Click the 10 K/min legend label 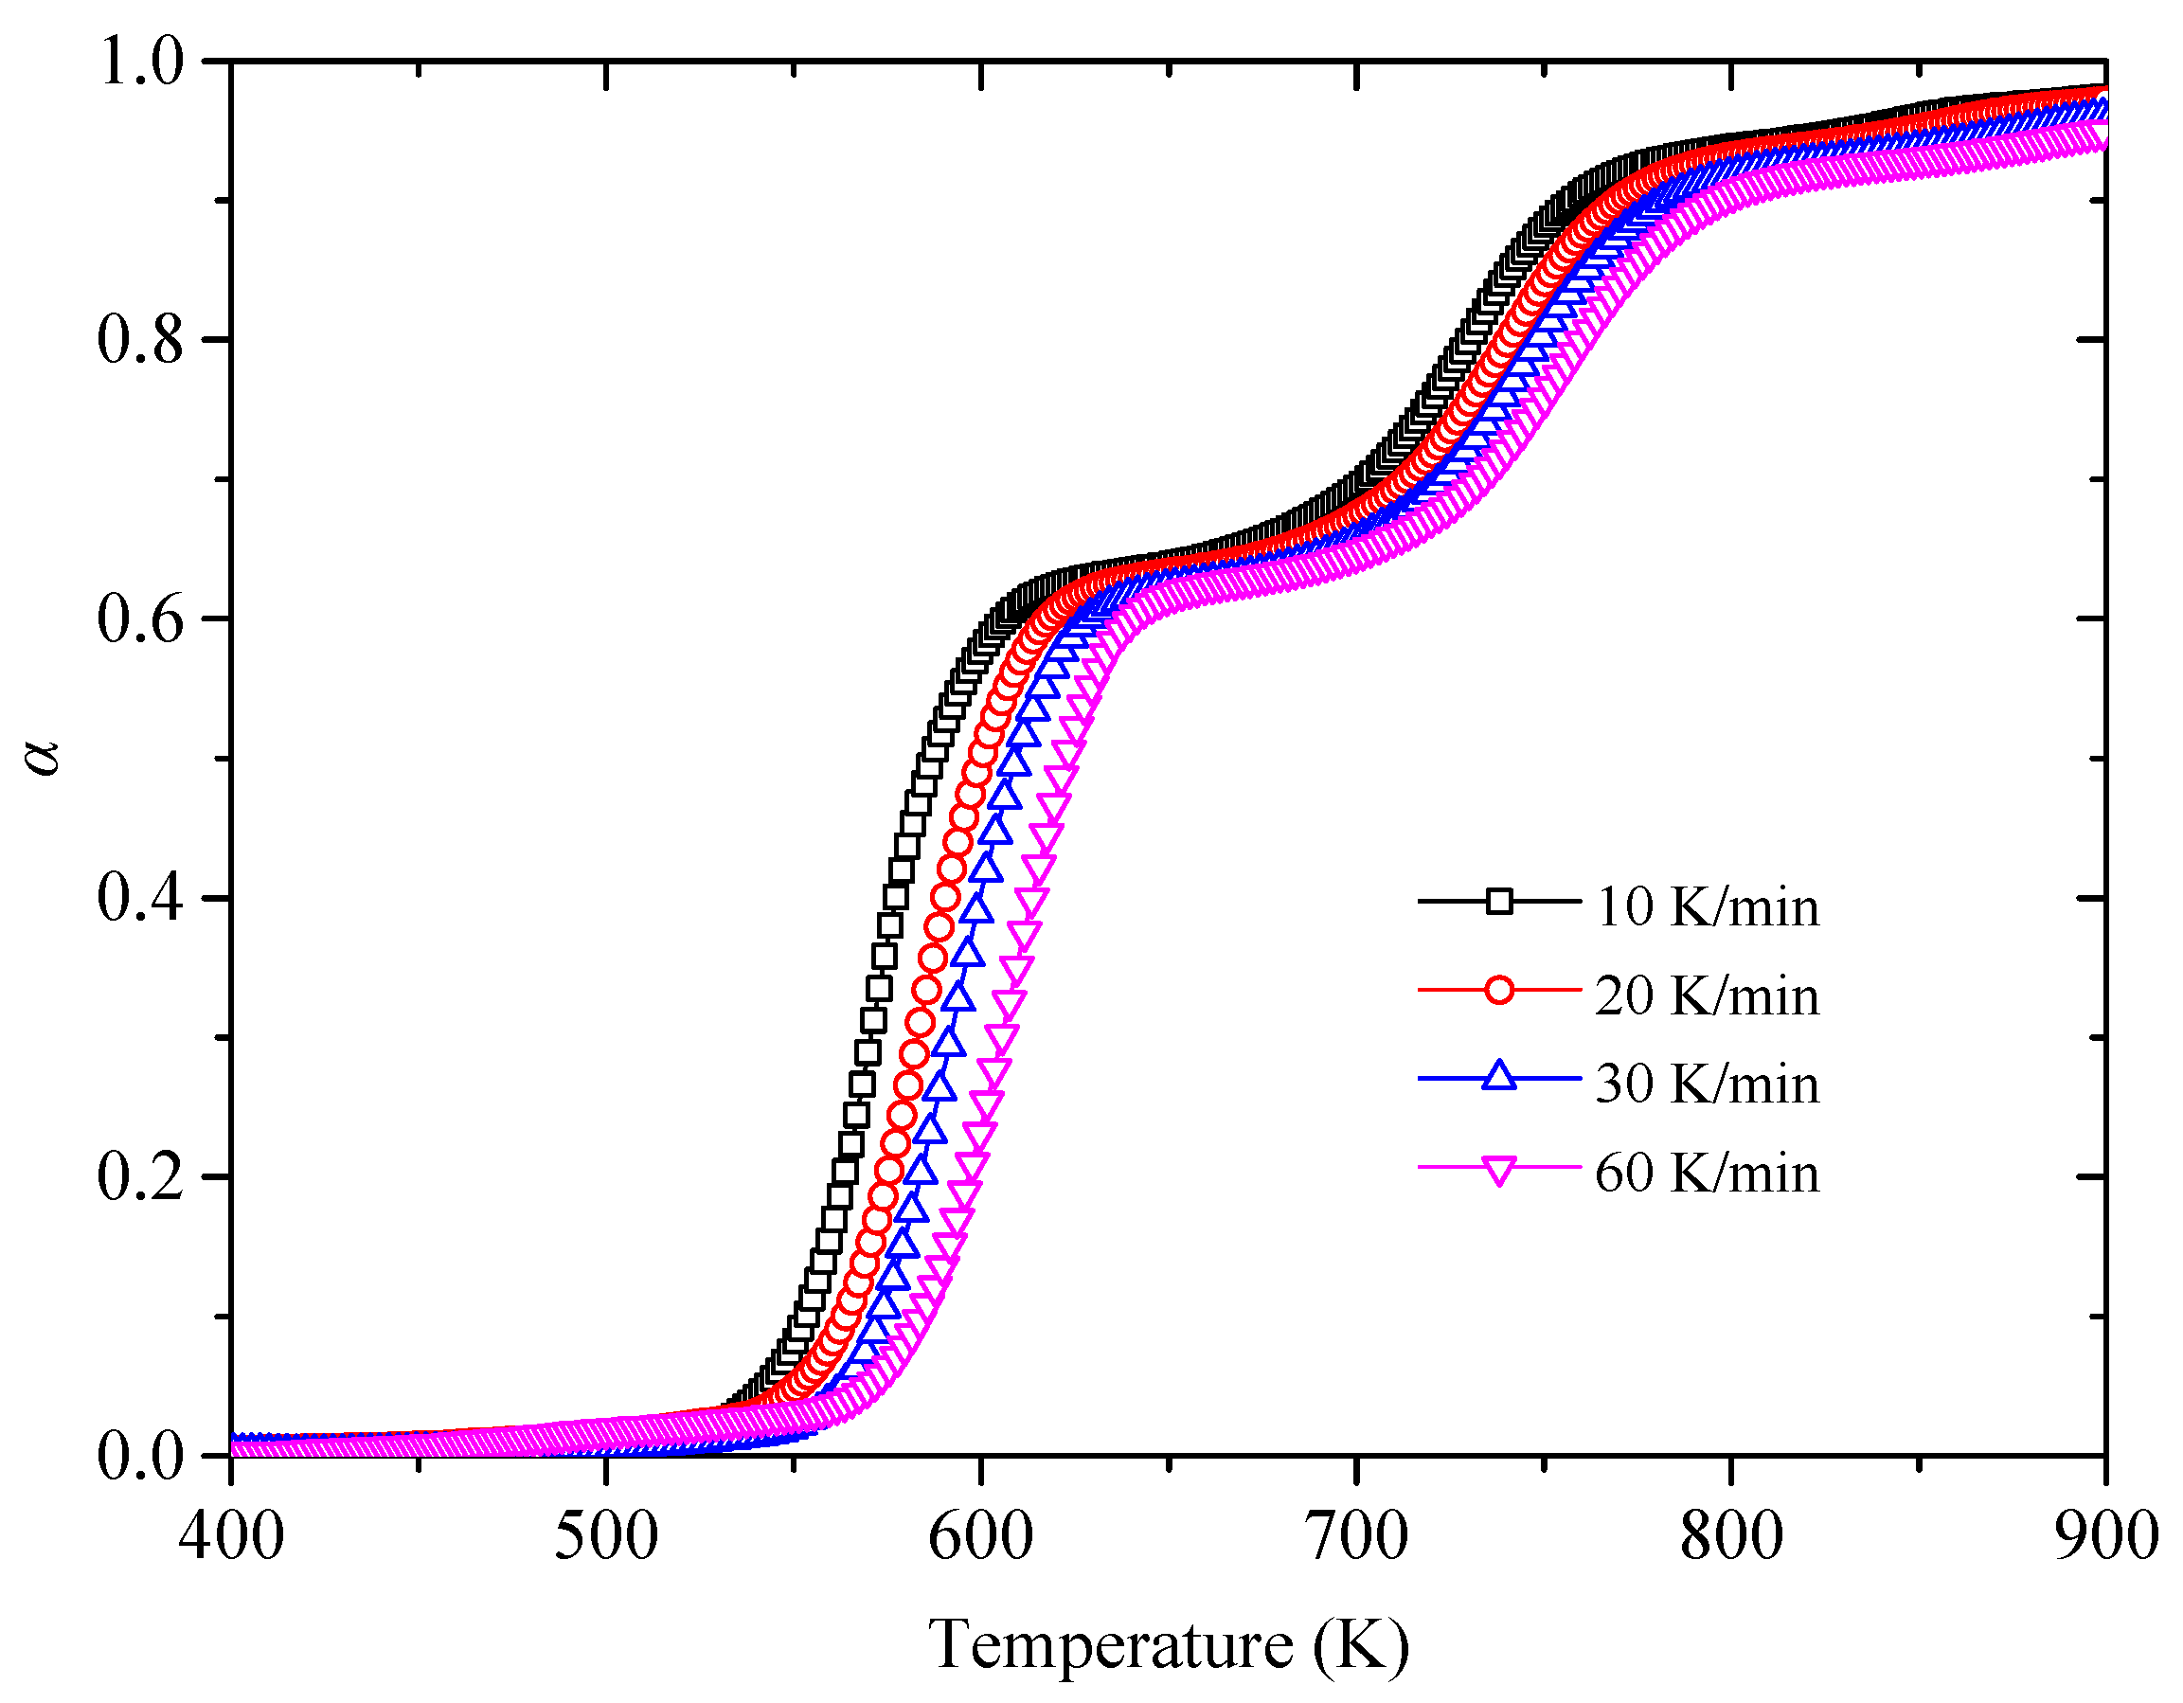[1707, 907]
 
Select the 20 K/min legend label [1707, 996]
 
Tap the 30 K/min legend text [1707, 1085]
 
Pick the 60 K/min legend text [1707, 1174]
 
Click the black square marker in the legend [1498, 902]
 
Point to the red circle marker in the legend [1498, 991]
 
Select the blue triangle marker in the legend [1498, 1076]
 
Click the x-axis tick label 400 [231, 1535]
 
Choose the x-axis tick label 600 [980, 1535]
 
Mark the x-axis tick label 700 [1356, 1535]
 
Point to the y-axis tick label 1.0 [141, 62]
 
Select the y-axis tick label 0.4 [141, 898]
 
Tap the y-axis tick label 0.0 [141, 1456]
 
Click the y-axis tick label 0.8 [141, 340]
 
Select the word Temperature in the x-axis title [1109, 1645]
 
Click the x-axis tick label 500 [606, 1535]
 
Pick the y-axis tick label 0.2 [141, 1176]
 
